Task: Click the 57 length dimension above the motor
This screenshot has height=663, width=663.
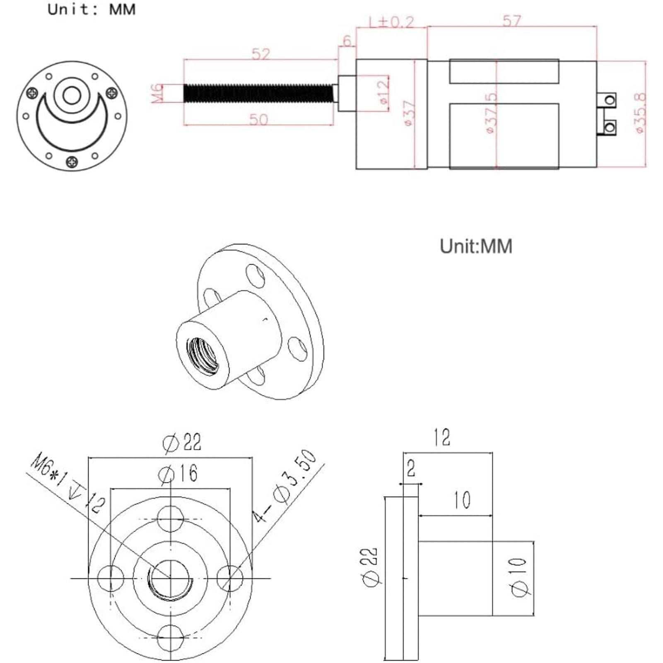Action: (x=512, y=21)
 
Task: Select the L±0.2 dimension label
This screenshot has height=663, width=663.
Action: (x=391, y=22)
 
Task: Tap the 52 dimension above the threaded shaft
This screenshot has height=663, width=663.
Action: (x=260, y=54)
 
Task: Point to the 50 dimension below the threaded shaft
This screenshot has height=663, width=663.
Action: (x=259, y=119)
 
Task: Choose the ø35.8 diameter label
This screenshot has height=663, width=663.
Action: (x=640, y=113)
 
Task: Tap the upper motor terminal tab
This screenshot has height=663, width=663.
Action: (x=608, y=100)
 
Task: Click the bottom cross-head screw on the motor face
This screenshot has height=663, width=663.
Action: (x=72, y=162)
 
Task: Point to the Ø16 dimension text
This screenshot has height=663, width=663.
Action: (x=178, y=474)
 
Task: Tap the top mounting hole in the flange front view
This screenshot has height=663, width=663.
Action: (x=171, y=519)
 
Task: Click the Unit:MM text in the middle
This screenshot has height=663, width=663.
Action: (x=476, y=246)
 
